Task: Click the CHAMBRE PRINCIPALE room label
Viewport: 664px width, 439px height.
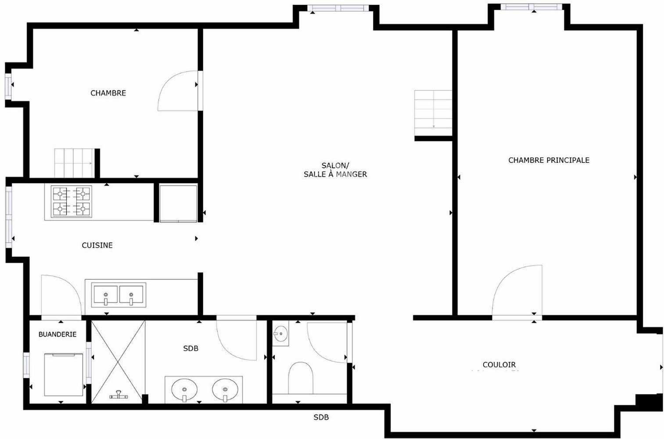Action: point(549,160)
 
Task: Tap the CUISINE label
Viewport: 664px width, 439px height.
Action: point(97,245)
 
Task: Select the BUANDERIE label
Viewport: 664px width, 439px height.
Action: point(57,335)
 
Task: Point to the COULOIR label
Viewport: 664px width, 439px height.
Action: point(499,365)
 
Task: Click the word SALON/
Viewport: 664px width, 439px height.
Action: point(336,166)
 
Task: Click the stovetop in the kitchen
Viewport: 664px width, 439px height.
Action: point(71,202)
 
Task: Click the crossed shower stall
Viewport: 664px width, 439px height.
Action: point(118,362)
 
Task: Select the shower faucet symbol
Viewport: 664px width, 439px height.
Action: point(118,395)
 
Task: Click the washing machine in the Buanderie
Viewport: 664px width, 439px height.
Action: point(64,374)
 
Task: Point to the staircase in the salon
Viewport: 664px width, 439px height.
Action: point(433,113)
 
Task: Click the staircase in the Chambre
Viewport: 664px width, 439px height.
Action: point(75,163)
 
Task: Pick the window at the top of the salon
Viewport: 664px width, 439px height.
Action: point(338,8)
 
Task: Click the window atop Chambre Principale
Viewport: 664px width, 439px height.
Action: point(531,7)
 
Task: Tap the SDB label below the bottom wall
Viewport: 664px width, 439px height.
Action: point(321,417)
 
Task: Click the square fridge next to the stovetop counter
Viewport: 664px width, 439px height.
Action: point(178,203)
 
